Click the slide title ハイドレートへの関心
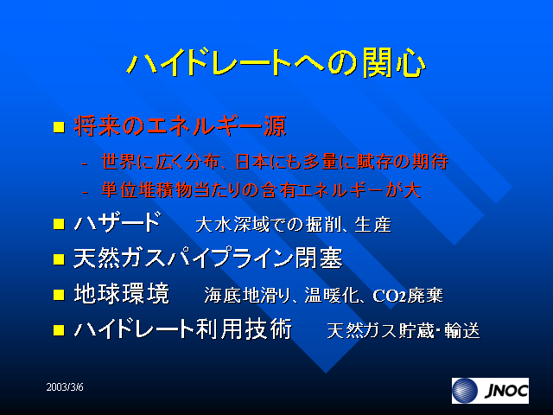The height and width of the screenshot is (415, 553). tap(276, 63)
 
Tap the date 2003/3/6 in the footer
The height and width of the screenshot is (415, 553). tap(65, 387)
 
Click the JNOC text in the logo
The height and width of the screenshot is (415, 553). tap(506, 391)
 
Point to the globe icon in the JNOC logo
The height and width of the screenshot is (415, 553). tap(465, 391)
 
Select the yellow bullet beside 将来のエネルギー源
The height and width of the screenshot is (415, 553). tap(59, 127)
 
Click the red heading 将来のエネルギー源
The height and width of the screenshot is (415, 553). tap(180, 126)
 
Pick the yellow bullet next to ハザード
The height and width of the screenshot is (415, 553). tap(59, 224)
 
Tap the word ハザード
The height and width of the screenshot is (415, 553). tap(118, 222)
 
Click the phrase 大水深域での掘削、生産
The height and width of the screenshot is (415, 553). tap(294, 225)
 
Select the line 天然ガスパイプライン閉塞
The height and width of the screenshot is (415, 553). tap(208, 259)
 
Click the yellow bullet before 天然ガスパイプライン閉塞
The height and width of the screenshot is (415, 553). tap(59, 259)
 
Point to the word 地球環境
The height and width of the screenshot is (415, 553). tap(122, 294)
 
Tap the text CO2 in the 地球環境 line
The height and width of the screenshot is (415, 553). tap(390, 296)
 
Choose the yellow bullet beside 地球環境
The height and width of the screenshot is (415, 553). tap(59, 295)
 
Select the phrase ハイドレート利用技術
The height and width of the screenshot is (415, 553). tap(182, 329)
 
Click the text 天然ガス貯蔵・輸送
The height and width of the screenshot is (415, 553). tap(404, 331)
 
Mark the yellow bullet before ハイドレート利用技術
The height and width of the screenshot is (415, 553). tap(59, 330)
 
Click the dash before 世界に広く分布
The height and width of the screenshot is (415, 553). tap(85, 164)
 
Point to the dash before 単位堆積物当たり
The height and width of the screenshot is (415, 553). tap(85, 193)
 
